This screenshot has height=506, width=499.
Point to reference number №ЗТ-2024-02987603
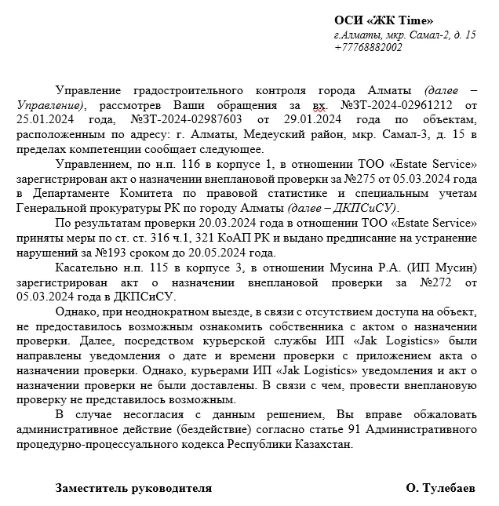pyautogui.click(x=185, y=118)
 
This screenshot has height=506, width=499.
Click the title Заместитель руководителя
pyautogui.click(x=133, y=488)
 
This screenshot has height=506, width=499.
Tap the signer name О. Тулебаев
pyautogui.click(x=440, y=488)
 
